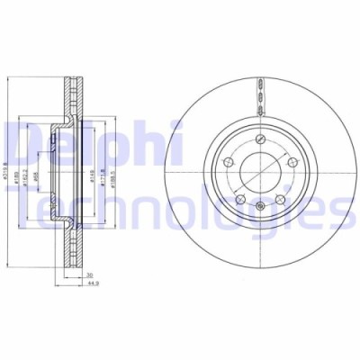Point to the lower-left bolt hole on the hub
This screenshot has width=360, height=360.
point(239,193)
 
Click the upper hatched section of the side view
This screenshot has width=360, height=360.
point(71,99)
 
